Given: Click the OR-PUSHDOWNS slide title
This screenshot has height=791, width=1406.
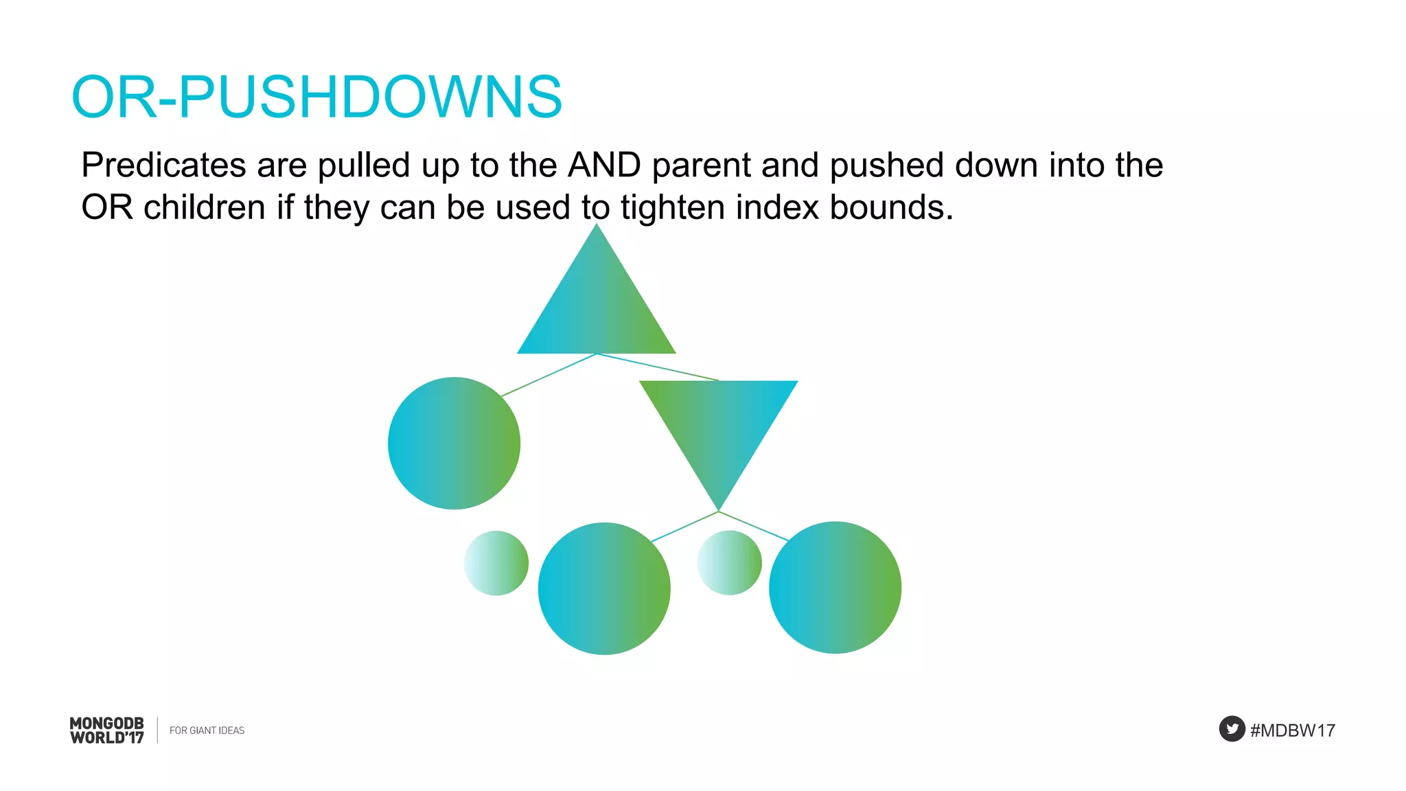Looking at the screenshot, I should pos(316,97).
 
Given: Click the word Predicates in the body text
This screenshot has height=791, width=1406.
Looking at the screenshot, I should pos(163,165).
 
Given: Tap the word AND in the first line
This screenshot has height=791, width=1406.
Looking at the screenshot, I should pos(604,165).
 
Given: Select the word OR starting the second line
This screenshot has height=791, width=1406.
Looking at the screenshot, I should pos(106,207).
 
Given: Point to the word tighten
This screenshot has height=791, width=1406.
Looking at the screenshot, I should pos(672,207).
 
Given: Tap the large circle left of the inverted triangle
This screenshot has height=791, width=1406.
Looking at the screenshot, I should pos(454,443).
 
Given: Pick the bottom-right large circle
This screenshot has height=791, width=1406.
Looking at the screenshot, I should pos(835,587).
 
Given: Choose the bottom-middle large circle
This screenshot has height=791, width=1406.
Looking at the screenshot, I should pos(604,588).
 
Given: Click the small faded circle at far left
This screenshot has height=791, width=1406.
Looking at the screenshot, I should pos(496,563).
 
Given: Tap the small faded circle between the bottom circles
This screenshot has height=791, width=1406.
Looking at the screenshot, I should pos(729,563).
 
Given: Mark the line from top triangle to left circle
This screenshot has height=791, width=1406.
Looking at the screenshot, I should pos(549,375).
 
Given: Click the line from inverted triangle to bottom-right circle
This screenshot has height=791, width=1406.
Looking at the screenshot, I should pos(753,526).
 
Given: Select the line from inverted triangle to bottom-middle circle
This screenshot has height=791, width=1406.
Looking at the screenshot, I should pos(684,527).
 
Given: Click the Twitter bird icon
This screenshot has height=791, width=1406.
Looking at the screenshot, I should pos(1232,729).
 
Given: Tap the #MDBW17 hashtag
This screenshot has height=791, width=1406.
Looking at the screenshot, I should pos(1292,731).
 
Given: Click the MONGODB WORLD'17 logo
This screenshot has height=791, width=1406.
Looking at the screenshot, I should pos(107,731).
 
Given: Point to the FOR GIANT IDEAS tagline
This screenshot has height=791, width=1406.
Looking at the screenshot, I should pos(207,731).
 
